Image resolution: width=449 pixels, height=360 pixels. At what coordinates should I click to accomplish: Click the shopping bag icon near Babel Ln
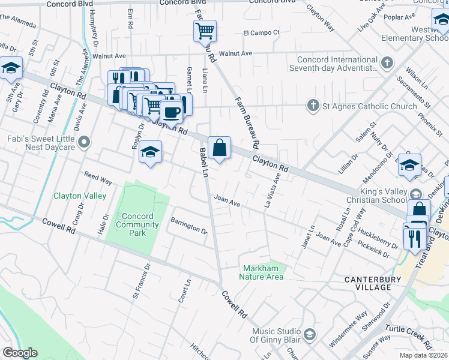click(220, 148)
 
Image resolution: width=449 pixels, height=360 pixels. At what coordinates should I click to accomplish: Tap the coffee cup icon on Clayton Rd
click(172, 111)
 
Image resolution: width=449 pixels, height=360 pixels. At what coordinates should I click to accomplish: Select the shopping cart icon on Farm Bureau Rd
click(205, 30)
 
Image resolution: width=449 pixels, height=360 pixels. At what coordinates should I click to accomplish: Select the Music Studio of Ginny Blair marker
click(310, 334)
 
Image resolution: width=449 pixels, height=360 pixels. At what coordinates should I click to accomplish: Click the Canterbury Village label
click(376, 283)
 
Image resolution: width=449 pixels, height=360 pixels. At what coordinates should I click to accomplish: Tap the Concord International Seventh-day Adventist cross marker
click(388, 62)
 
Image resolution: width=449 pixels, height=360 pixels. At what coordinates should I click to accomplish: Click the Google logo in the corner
click(19, 353)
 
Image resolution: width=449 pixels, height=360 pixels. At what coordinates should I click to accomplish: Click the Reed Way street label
click(98, 179)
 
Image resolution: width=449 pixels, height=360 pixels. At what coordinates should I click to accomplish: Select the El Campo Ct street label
click(261, 32)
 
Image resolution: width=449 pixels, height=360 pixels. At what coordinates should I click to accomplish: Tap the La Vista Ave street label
click(272, 191)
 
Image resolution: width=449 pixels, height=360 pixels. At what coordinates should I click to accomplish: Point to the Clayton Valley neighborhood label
click(80, 196)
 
